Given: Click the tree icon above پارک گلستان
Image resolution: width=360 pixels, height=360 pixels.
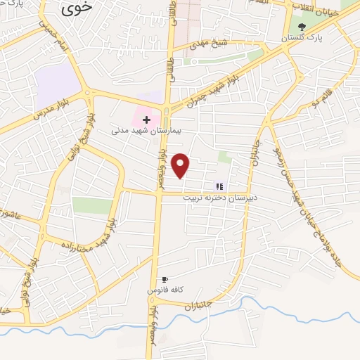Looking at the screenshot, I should tap(302, 26).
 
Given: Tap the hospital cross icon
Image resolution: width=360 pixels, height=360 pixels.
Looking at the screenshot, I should tap(146, 120).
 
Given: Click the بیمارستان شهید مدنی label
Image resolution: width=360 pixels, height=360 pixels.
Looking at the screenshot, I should tap(146, 131).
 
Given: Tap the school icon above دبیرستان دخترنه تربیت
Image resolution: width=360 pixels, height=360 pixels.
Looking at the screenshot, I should tap(220, 186).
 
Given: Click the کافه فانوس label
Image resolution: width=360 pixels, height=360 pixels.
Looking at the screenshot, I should tap(165, 290).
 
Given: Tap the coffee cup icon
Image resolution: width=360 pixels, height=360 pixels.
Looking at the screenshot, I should tap(165, 279).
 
